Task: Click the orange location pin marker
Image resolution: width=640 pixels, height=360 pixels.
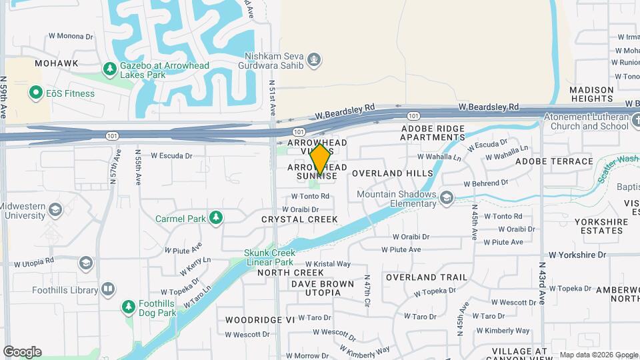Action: tap(320, 159)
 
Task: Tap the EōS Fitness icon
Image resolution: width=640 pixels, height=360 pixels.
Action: tap(36, 93)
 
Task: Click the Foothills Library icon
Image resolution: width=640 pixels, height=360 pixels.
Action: tap(107, 289)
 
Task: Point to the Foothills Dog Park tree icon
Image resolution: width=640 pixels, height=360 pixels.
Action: tap(129, 307)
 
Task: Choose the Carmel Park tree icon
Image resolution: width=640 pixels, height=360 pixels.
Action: tap(215, 218)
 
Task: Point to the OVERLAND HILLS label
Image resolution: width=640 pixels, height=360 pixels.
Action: tap(392, 173)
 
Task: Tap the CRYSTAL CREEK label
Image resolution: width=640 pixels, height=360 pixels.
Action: tap(299, 219)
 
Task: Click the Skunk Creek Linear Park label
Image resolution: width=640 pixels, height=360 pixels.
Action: tap(269, 258)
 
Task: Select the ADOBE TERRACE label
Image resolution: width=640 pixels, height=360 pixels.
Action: tap(554, 161)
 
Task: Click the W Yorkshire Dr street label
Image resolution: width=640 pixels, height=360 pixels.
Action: tap(577, 255)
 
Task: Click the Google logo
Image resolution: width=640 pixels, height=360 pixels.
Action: tap(22, 351)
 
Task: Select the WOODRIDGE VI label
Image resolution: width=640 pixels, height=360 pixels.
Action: tap(260, 320)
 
